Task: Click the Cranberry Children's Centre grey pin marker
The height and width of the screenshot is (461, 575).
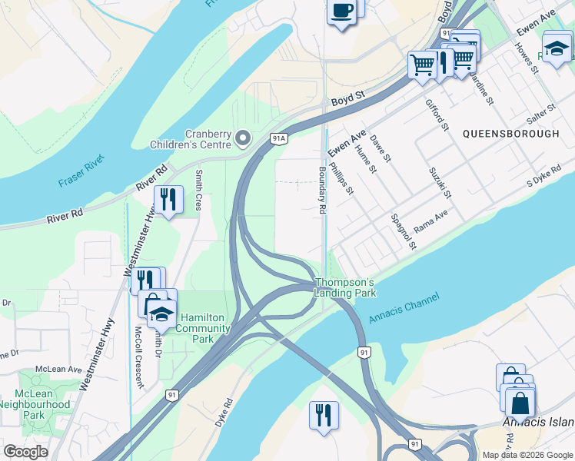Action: click(x=244, y=139)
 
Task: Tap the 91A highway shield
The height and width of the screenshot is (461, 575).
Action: click(x=278, y=138)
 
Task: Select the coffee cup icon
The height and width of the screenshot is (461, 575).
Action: click(x=341, y=12)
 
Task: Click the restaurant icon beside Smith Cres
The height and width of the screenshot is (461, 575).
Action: click(x=168, y=200)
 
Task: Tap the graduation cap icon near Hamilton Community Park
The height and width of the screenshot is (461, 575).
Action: click(x=161, y=314)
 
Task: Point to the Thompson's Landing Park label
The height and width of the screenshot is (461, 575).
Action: click(x=345, y=288)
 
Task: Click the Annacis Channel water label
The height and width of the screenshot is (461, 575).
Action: click(x=404, y=309)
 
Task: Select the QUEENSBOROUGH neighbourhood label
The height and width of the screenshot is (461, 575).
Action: click(x=511, y=134)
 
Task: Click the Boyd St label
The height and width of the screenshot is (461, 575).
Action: click(x=347, y=100)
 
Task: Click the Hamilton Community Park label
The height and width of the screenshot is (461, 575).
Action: click(x=204, y=328)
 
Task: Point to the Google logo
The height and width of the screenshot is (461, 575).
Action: click(x=26, y=452)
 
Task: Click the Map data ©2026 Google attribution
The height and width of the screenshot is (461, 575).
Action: click(x=527, y=455)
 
